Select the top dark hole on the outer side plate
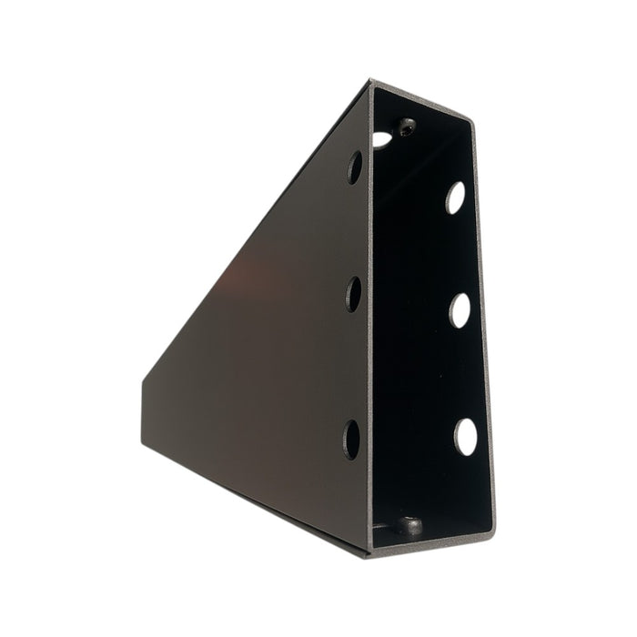click(x=354, y=167)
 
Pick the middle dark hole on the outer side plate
click(x=353, y=293)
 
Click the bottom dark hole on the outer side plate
click(x=351, y=439)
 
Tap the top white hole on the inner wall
click(x=455, y=197)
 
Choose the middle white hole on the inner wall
click(x=460, y=310)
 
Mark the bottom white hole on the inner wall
click(x=466, y=436)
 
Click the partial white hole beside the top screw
click(x=381, y=139)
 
